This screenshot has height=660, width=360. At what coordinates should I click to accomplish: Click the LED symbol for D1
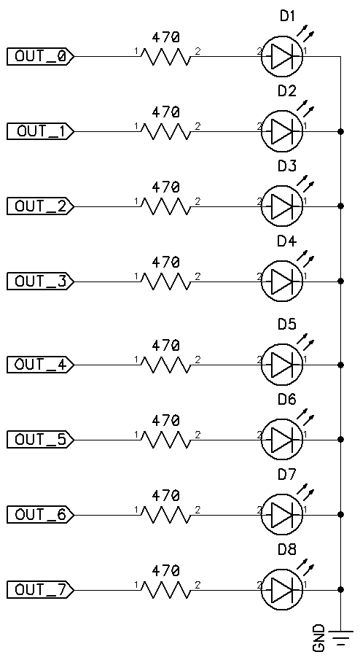coord(282,56)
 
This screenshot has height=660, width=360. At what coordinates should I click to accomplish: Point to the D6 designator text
coord(286,399)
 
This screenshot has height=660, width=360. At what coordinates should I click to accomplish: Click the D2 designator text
coord(286,91)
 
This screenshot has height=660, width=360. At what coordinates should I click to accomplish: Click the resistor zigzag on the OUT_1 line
coord(166,131)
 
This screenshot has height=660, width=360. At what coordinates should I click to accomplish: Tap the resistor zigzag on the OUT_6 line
coord(166,515)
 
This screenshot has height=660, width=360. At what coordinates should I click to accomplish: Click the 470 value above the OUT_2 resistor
coord(165,187)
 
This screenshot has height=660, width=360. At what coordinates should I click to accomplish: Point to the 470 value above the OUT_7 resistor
coord(165,570)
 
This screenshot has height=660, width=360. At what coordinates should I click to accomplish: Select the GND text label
coord(319,637)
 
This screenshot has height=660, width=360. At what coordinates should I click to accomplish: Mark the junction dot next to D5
coord(340,364)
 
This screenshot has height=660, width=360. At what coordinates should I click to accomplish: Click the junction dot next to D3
coord(340,206)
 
